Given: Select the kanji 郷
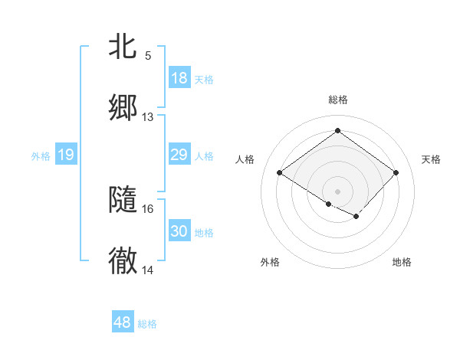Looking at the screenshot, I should pyautogui.click(x=123, y=108).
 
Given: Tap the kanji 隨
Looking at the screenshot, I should pyautogui.click(x=123, y=200).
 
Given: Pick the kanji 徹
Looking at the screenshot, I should pyautogui.click(x=123, y=261).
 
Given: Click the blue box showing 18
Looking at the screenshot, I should pyautogui.click(x=179, y=78).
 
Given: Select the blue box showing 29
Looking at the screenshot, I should pyautogui.click(x=179, y=155).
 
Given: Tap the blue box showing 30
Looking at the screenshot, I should pyautogui.click(x=179, y=231).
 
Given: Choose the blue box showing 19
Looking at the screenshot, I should pyautogui.click(x=66, y=155).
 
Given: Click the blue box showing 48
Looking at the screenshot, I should pyautogui.click(x=123, y=322).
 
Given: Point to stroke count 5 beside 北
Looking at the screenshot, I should pyautogui.click(x=148, y=56).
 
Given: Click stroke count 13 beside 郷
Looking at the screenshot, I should pyautogui.click(x=148, y=117).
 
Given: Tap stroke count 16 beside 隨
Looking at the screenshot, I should pyautogui.click(x=148, y=208).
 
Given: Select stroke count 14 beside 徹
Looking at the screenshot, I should pyautogui.click(x=148, y=270).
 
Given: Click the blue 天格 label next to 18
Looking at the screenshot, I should pyautogui.click(x=204, y=79).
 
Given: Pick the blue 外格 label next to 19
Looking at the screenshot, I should pyautogui.click(x=41, y=156).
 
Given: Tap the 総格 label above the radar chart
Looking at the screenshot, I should pyautogui.click(x=338, y=100).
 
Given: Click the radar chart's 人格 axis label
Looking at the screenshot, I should pyautogui.click(x=245, y=159).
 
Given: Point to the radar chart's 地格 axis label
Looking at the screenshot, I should pyautogui.click(x=402, y=262).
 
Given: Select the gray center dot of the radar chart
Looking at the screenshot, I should pyautogui.click(x=337, y=191).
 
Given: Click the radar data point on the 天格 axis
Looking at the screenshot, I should pyautogui.click(x=396, y=172).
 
